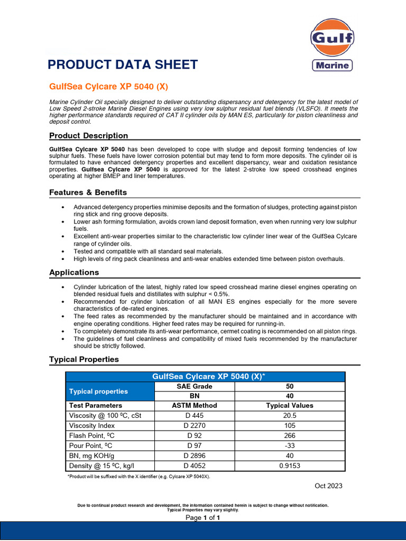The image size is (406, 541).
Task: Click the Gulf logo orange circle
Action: coord(331,38)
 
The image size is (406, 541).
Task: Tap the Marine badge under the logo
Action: coord(331,66)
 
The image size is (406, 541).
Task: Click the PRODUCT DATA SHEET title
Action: coord(123,65)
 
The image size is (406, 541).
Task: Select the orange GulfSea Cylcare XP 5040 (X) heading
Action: coord(108,86)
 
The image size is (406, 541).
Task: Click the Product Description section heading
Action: coord(88,136)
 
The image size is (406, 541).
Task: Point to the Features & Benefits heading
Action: coord(88,192)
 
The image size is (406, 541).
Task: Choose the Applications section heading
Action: coord(74,273)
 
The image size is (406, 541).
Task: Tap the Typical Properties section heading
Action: coord(84,359)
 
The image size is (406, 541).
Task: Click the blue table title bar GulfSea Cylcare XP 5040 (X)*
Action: coord(205,376)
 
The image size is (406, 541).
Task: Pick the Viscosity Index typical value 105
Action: coord(289,425)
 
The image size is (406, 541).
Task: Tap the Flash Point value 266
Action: coord(289,435)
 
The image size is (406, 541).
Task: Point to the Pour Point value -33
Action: coord(289,445)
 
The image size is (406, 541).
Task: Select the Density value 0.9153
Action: coord(289,465)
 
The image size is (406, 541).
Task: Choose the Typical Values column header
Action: coord(289,406)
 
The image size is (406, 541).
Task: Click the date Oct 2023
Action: coord(328,486)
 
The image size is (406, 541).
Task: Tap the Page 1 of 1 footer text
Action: coord(202,518)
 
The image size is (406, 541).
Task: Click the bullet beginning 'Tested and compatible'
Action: coord(148,251)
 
